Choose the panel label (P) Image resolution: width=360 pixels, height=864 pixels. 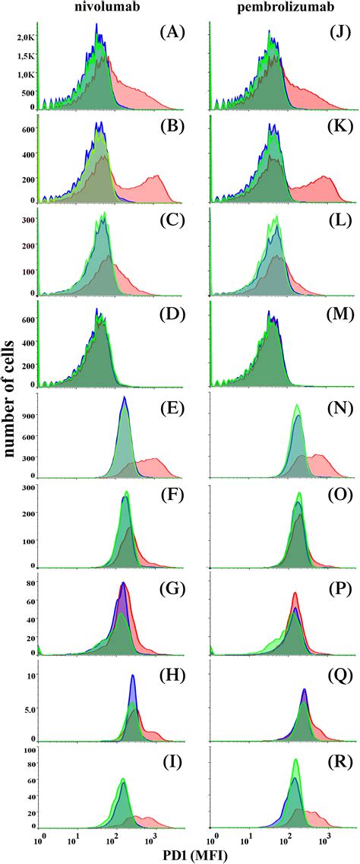(329, 584)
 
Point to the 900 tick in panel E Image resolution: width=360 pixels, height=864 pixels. (27, 416)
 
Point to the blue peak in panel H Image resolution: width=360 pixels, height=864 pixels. (133, 676)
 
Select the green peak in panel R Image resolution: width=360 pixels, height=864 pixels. (295, 761)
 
